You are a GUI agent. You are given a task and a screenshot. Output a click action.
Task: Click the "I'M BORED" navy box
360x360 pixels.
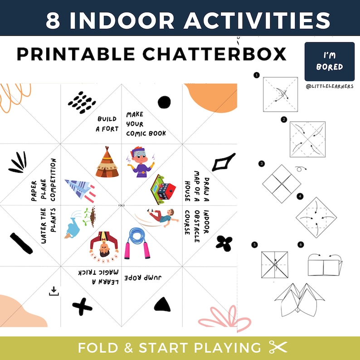pos(330,62)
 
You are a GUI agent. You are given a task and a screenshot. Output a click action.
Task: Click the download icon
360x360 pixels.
pos(54,291)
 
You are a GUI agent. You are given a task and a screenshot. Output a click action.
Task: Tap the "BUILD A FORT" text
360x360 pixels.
pos(108,124)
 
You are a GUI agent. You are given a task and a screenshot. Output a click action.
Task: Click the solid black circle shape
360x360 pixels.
pos(164,102)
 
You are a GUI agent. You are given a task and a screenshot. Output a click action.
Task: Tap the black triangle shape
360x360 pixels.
pos(161,304)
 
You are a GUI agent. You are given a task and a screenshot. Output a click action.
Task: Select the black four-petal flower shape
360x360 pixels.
pos(224,243)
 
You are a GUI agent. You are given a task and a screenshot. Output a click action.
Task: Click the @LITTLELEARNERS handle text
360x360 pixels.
pos(330,86)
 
